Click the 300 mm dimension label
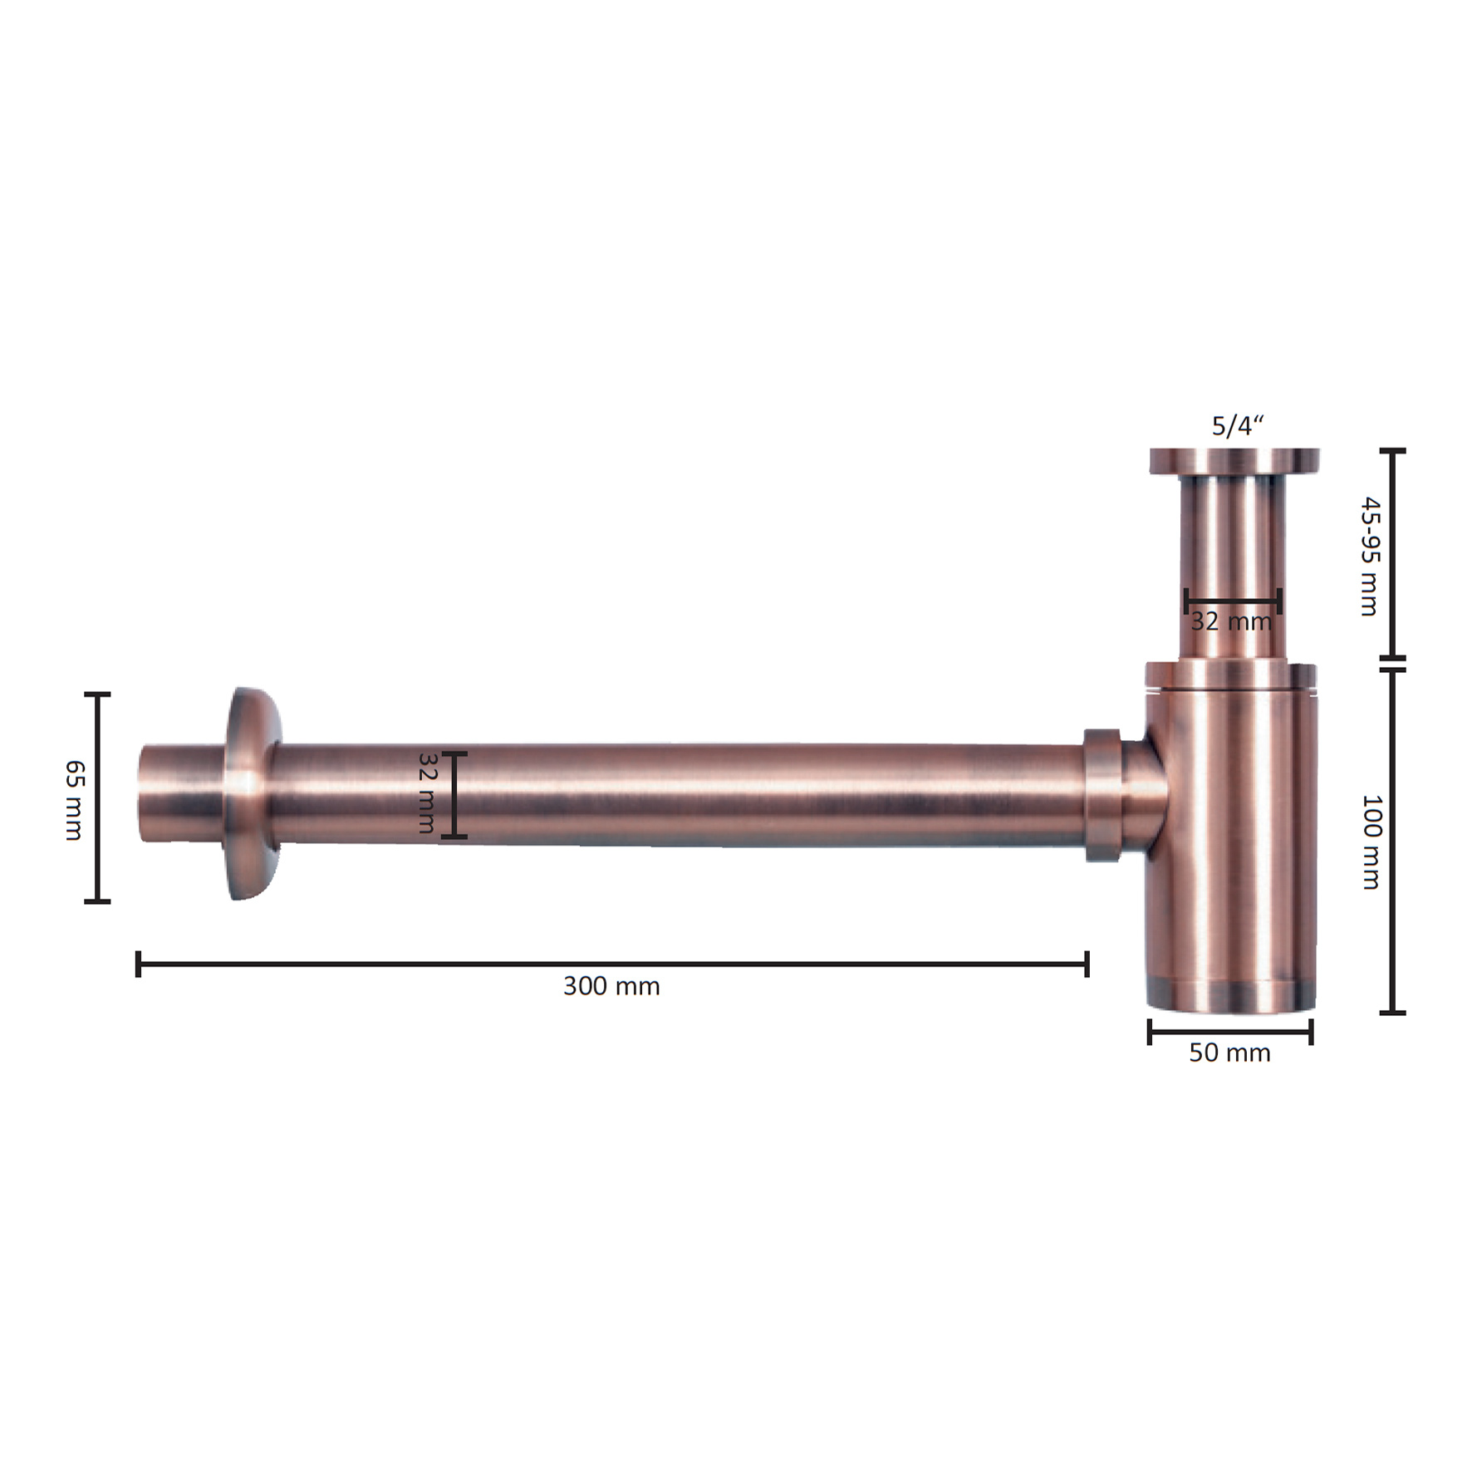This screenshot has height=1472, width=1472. tap(611, 986)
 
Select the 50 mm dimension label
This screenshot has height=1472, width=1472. tap(1229, 1052)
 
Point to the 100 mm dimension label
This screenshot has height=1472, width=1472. tap(1371, 842)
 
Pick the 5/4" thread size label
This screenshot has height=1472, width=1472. tap(1238, 426)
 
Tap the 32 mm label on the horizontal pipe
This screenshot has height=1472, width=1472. tap(426, 792)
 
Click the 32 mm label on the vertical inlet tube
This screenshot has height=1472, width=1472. tap(1231, 621)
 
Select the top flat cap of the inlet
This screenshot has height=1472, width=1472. tap(1234, 460)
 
